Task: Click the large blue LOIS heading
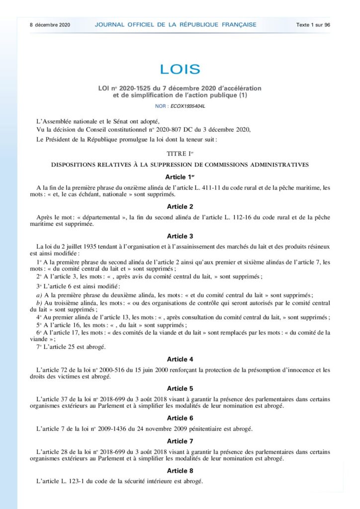(180, 69)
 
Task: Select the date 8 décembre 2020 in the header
(50, 24)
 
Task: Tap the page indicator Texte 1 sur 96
(313, 24)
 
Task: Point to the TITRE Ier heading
(180, 154)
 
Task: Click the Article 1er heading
(180, 177)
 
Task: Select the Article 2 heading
(180, 206)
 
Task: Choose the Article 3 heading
(180, 236)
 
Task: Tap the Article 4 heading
(180, 359)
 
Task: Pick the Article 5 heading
(180, 388)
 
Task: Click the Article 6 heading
(180, 418)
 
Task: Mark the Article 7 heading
(180, 441)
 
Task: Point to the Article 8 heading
(180, 470)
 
